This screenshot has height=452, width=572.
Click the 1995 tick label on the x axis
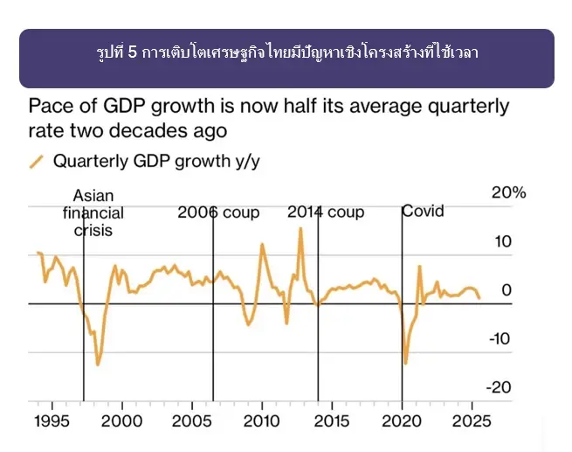(x=52, y=421)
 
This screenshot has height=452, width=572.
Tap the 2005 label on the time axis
(x=191, y=421)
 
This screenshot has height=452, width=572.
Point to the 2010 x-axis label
(x=261, y=421)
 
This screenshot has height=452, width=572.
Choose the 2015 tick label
(x=331, y=421)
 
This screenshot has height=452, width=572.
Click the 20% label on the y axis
(x=508, y=193)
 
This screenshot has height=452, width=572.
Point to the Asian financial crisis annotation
(x=93, y=213)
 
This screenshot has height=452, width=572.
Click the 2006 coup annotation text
(x=218, y=212)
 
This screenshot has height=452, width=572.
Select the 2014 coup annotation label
(x=326, y=212)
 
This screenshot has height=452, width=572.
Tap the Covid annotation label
(x=424, y=212)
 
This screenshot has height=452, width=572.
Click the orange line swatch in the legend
(x=37, y=161)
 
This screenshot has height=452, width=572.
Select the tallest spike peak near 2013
(x=300, y=228)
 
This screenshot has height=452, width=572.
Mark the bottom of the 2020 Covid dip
(x=405, y=363)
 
